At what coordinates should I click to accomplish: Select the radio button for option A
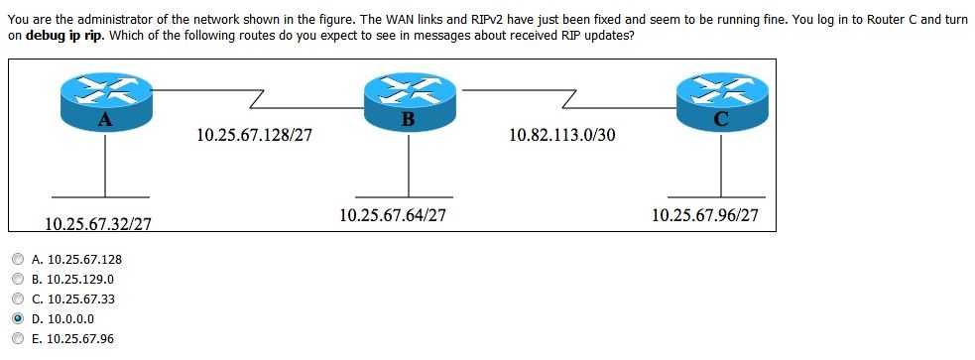click(18, 259)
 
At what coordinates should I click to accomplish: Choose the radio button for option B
click(18, 279)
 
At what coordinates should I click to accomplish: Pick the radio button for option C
click(18, 299)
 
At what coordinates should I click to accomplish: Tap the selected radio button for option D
click(18, 318)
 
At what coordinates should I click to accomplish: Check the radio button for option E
click(18, 338)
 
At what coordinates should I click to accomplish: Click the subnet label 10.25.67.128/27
click(254, 134)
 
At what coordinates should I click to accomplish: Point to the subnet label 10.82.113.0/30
click(561, 134)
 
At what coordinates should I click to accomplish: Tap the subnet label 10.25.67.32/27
click(99, 224)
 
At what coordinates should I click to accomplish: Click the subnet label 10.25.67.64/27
click(392, 213)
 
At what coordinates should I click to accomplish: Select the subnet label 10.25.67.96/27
click(704, 213)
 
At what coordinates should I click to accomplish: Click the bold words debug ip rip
click(64, 35)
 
